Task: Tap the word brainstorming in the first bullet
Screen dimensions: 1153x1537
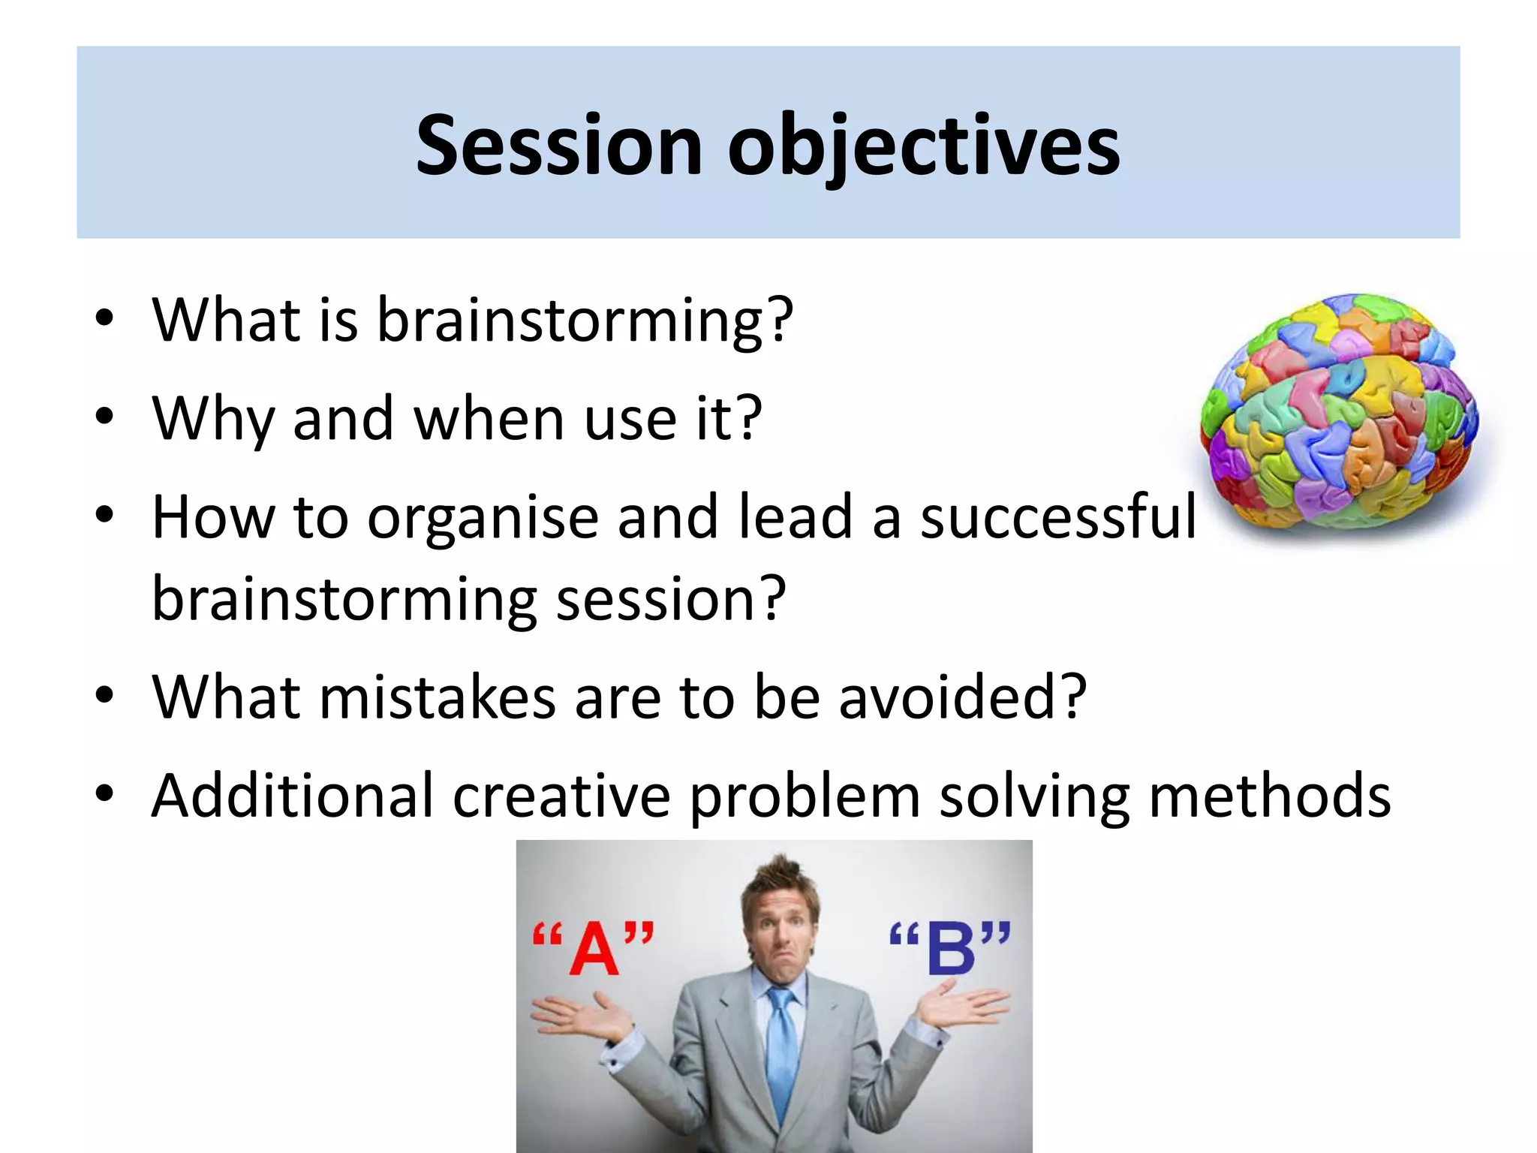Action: point(584,321)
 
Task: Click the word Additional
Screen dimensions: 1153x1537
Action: point(293,795)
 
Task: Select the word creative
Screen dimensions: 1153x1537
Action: point(561,795)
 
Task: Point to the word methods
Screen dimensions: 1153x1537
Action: point(1269,795)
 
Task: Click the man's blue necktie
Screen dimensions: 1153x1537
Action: point(781,1051)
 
